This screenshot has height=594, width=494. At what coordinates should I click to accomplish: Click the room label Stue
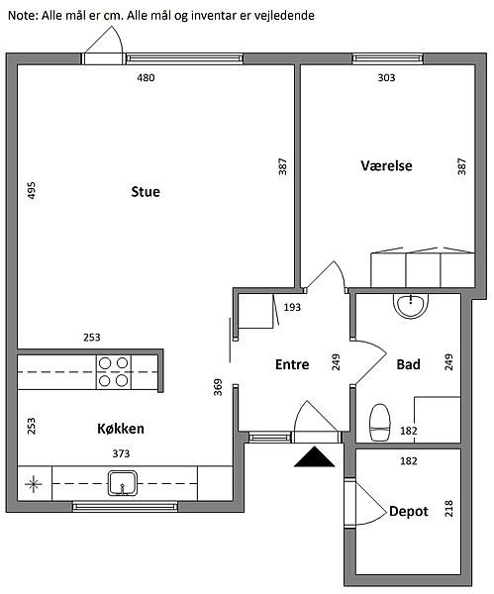(x=146, y=192)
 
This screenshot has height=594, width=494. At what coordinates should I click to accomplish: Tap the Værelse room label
(x=386, y=165)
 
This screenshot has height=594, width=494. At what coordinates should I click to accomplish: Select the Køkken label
(x=121, y=429)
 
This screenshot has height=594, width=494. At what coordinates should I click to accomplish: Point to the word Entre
(x=292, y=364)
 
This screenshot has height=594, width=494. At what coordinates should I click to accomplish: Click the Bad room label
(x=409, y=364)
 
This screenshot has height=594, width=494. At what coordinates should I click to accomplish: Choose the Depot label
(x=409, y=512)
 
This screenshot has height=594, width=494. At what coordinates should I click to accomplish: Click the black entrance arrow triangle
(x=315, y=456)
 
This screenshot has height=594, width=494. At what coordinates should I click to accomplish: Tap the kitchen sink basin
(x=122, y=483)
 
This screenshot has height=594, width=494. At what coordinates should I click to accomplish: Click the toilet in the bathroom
(x=379, y=423)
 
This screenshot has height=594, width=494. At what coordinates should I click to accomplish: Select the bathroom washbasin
(x=411, y=305)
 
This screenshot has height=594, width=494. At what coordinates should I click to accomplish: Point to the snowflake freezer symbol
(x=34, y=484)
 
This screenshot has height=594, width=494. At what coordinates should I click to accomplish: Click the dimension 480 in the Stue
(x=146, y=77)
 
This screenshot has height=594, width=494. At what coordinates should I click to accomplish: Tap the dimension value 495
(x=32, y=190)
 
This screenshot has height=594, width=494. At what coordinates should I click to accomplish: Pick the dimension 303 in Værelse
(x=386, y=77)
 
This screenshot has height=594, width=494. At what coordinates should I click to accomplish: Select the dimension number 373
(x=121, y=453)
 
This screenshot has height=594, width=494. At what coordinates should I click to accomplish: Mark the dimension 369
(x=218, y=387)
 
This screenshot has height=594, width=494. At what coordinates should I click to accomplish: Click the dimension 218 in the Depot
(x=448, y=509)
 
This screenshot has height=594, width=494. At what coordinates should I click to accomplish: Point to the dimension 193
(x=292, y=307)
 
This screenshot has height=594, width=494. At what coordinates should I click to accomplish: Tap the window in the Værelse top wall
(x=388, y=58)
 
